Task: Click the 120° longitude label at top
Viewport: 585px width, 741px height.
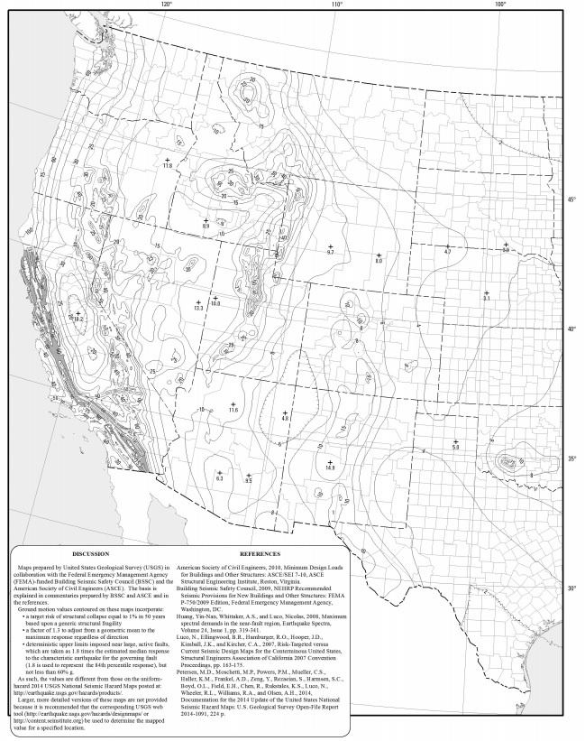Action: (x=166, y=5)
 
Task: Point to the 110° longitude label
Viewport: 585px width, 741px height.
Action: (x=336, y=5)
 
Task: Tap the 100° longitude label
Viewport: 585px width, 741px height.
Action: (x=499, y=5)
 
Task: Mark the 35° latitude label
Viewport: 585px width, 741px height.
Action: (x=570, y=459)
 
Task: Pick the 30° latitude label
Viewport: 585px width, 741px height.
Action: (x=570, y=589)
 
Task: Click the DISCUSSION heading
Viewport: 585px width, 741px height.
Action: (x=90, y=553)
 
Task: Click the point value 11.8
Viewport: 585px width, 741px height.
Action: (x=167, y=166)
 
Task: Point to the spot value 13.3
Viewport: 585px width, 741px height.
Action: (x=198, y=309)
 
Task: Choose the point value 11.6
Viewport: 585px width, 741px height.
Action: (x=233, y=411)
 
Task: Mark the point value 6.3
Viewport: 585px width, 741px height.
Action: (x=219, y=477)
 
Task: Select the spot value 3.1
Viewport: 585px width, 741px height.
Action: (x=486, y=298)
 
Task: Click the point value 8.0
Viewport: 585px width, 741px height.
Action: (x=379, y=261)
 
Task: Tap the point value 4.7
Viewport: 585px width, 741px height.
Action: (x=447, y=252)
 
